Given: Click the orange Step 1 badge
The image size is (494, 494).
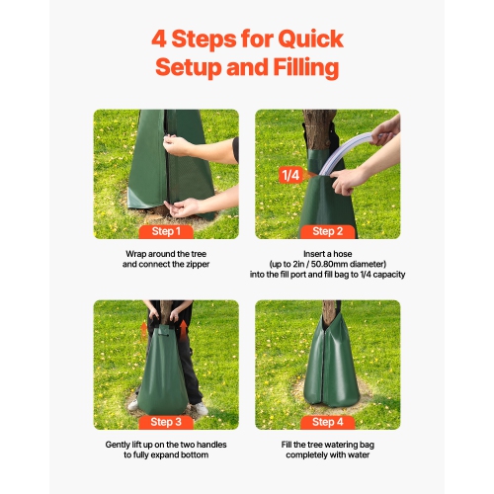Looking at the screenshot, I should [165, 231].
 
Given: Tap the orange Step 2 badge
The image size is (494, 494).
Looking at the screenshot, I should [327, 231].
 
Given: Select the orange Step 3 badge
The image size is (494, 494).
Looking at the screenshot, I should [165, 422].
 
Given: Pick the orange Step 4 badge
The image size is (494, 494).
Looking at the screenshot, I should [327, 422].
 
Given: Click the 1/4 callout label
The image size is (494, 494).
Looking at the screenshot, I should [289, 175].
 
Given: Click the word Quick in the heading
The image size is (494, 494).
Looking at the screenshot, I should [307, 40].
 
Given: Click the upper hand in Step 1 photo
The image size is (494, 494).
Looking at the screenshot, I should [178, 145].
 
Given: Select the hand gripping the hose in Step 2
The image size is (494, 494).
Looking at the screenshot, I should [348, 181].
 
